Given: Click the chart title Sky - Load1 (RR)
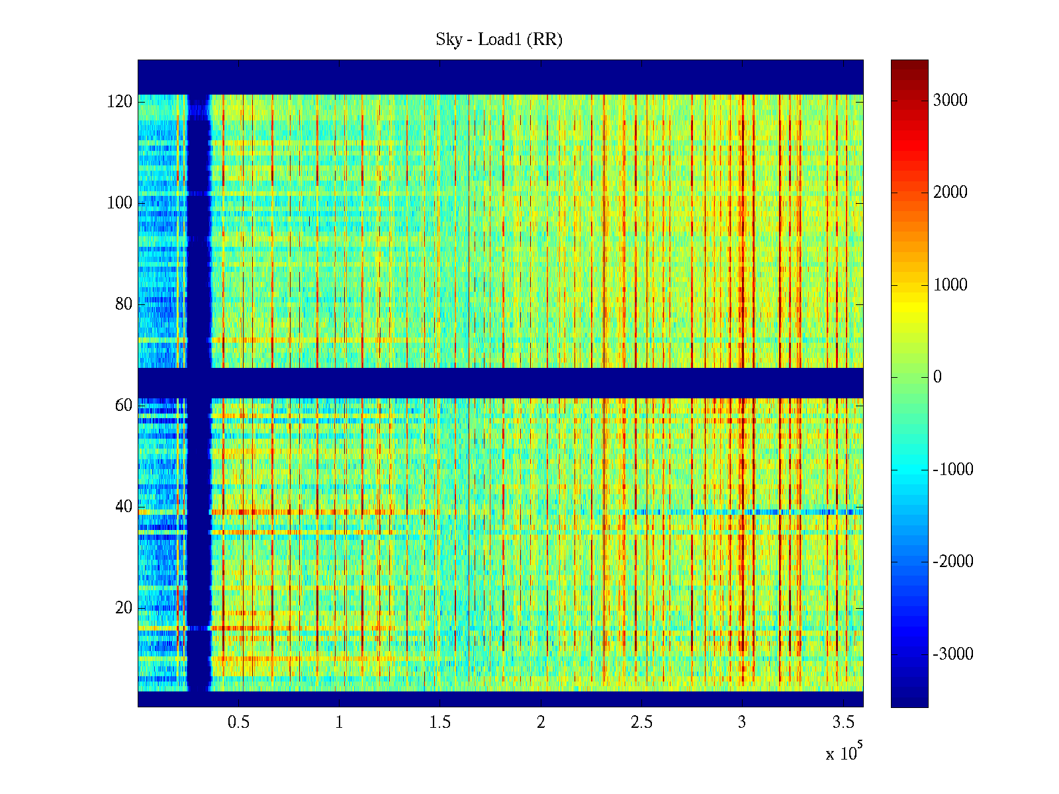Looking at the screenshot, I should (x=499, y=40).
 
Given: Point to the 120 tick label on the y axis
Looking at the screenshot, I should (x=120, y=102).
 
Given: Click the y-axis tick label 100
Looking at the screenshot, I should (x=120, y=203).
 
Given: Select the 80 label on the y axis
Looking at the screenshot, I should (x=124, y=304).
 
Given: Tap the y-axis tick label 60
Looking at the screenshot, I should (x=124, y=406).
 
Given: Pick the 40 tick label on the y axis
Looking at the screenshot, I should (x=124, y=507).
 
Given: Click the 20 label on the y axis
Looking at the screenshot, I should (x=124, y=608).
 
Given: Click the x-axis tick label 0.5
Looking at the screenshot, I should (x=238, y=723).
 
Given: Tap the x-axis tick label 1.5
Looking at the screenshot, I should (x=440, y=723).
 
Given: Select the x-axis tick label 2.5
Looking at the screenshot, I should (x=641, y=723).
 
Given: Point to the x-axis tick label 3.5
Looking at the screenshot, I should (x=843, y=723).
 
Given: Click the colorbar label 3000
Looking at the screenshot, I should (x=950, y=101).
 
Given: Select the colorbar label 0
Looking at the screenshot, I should (x=937, y=377).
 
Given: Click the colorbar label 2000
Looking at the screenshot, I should (x=950, y=193).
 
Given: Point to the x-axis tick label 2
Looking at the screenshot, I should (x=541, y=723).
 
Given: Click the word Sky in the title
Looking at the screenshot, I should (x=448, y=40).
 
